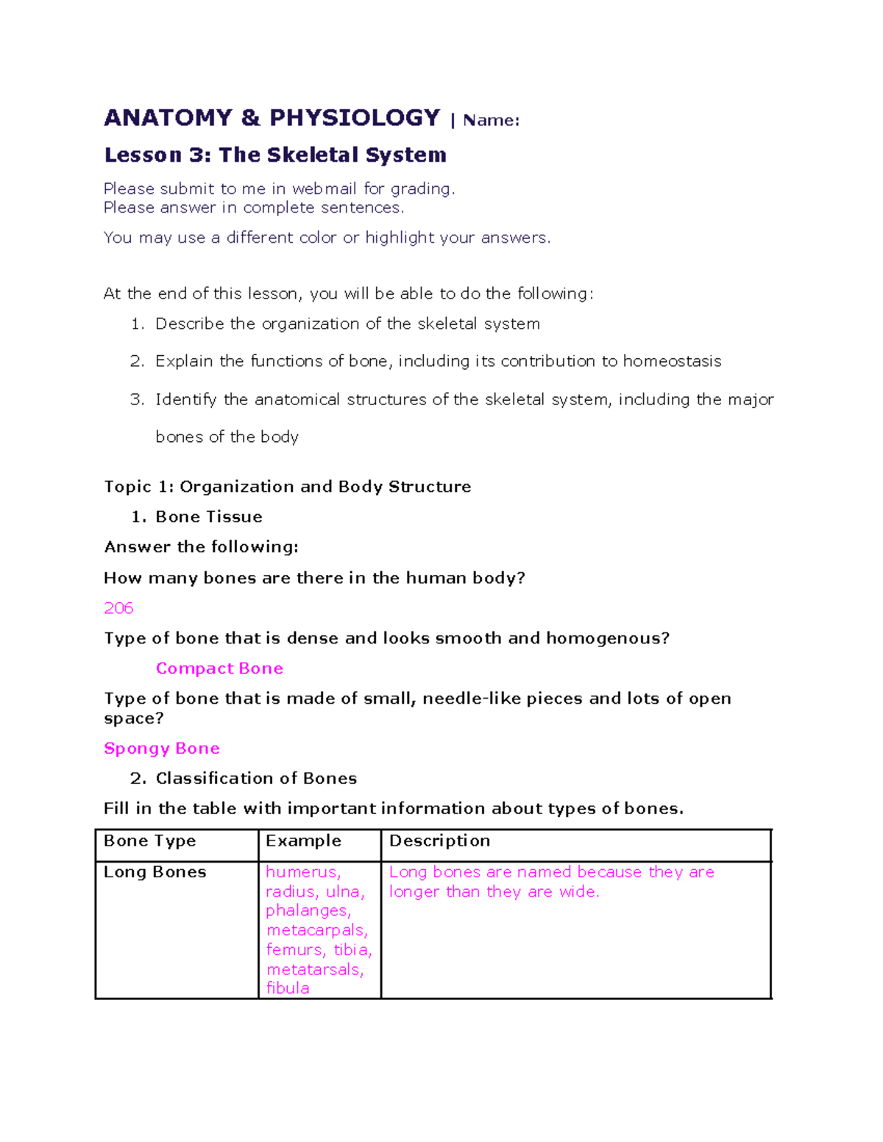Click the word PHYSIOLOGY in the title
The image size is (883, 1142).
(354, 118)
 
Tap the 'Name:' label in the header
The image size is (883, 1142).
(491, 121)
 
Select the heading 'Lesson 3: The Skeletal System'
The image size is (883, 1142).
(275, 155)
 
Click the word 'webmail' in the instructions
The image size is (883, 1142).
(324, 189)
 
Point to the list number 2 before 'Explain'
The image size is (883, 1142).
(136, 361)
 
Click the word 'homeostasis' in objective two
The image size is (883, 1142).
(672, 361)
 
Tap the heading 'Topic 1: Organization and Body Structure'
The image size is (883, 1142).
(288, 487)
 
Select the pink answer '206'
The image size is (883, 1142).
(118, 608)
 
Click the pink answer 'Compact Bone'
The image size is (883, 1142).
(219, 668)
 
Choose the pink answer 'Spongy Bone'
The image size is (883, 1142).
(162, 749)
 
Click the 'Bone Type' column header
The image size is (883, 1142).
(150, 841)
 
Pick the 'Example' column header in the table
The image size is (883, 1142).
(303, 841)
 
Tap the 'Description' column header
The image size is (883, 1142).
(439, 841)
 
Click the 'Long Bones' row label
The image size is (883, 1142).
(155, 872)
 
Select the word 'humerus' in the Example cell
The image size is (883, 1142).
(302, 872)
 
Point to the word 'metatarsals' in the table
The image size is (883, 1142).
(313, 970)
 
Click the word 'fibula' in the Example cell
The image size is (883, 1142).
(288, 988)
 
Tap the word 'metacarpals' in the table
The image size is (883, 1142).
(316, 931)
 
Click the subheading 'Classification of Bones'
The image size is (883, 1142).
(256, 779)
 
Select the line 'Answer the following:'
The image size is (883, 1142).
(202, 547)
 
